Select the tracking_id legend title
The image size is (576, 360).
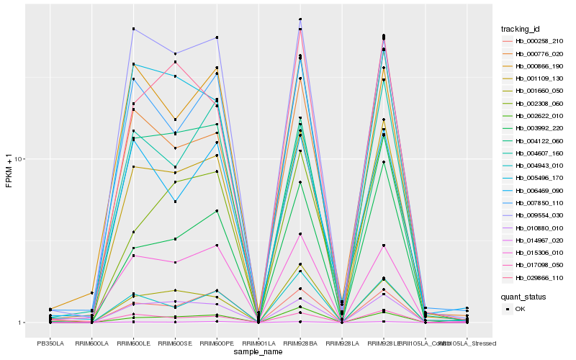526,28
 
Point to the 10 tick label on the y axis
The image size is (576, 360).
20,159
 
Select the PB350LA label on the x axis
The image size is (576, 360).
50,343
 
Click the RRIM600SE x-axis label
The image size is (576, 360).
175,343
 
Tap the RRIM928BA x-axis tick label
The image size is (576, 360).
300,343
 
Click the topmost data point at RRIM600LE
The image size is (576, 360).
134,29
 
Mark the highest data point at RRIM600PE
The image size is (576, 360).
217,37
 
